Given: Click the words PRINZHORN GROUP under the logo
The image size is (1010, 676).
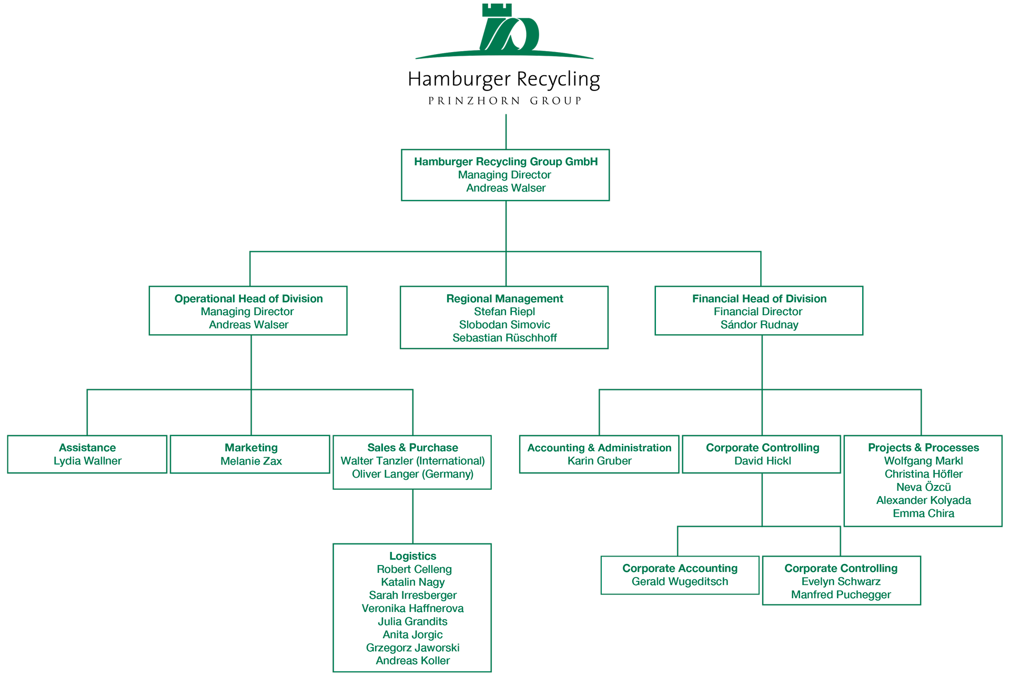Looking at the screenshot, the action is tap(505, 100).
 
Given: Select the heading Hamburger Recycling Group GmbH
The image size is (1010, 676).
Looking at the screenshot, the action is tap(506, 162).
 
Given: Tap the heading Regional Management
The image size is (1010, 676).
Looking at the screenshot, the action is tap(504, 299).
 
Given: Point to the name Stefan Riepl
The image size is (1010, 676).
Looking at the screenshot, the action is tap(504, 311).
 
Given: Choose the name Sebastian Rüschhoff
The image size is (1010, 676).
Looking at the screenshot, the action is tap(504, 338).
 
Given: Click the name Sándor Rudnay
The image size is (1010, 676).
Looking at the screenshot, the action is tap(759, 325).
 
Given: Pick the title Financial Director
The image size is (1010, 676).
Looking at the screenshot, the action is tap(758, 311).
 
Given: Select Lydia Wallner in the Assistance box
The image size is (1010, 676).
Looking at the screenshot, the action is tap(87, 461).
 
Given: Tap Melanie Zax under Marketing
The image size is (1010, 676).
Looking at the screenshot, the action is tap(251, 461).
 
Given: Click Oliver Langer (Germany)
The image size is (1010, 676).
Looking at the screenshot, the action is tap(412, 474).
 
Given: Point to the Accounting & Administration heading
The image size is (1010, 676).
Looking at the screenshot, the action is tap(599, 448).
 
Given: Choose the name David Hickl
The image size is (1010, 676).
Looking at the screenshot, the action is tap(762, 461).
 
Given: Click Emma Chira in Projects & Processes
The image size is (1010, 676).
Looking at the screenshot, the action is tap(923, 513).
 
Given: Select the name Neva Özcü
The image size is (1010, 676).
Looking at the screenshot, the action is tap(923, 487).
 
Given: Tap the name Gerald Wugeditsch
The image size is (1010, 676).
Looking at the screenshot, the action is tap(680, 581).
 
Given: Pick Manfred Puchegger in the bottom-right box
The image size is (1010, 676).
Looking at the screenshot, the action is tap(841, 594).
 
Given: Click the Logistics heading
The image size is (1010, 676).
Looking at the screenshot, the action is tap(412, 556).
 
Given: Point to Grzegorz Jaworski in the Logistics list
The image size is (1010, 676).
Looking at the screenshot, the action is tap(412, 648).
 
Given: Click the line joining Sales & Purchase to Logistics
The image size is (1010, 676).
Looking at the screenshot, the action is tap(413, 517).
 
